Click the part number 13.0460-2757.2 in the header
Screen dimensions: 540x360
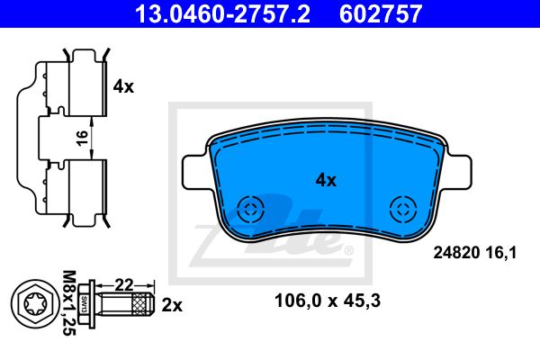tap(222, 13)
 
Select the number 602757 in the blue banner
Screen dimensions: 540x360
tap(381, 13)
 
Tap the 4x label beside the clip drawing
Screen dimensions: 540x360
tap(123, 86)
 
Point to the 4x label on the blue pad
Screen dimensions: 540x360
tap(326, 180)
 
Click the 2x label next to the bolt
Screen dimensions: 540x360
tap(172, 305)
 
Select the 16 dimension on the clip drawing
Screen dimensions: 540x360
tap(82, 138)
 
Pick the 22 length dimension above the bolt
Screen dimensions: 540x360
tap(124, 285)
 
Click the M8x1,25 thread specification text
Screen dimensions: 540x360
tap(69, 303)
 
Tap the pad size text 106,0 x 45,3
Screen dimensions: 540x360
tap(328, 301)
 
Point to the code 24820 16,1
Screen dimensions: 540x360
tap(475, 253)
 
